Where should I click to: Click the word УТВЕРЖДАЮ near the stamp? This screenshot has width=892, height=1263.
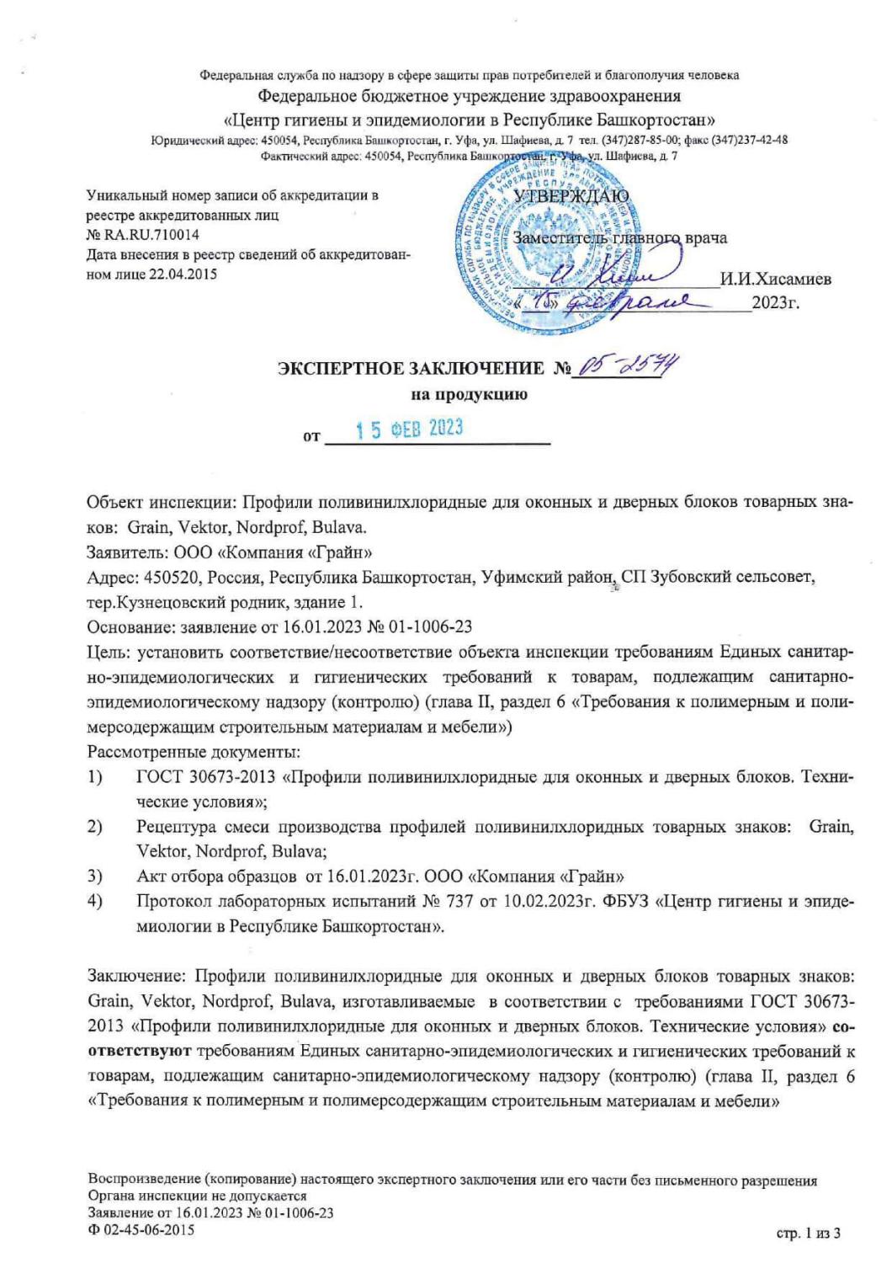(x=571, y=196)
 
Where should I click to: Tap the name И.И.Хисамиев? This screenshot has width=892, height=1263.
(x=775, y=280)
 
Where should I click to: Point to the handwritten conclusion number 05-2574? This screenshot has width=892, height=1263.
(x=630, y=367)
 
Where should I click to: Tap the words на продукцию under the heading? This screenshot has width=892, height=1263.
(x=469, y=394)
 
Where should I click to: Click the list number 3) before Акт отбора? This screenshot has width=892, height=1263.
(x=95, y=876)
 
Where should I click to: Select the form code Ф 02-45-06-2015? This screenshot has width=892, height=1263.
(x=141, y=1229)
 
